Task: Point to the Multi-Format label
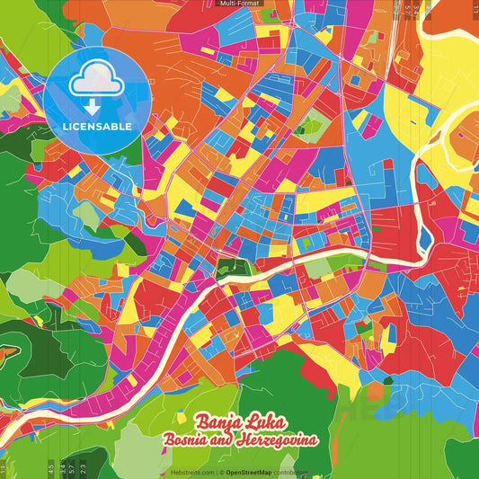[x=238, y=4]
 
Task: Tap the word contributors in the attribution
[x=291, y=472]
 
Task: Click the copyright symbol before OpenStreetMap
[x=220, y=472]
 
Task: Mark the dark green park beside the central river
[x=233, y=266]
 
